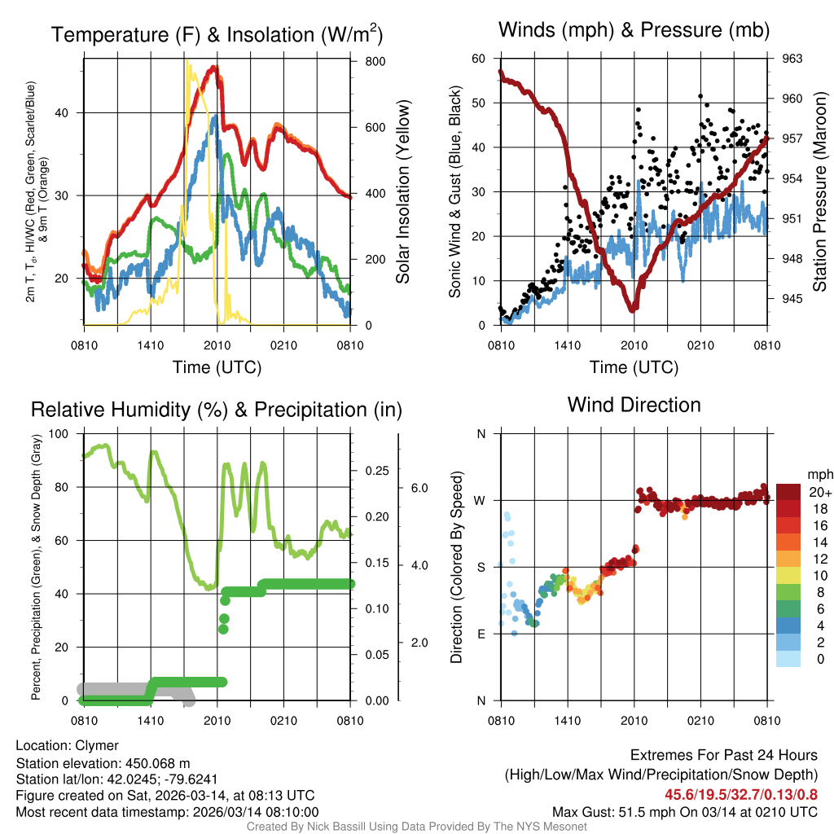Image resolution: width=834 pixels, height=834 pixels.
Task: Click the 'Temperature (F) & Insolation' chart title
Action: pyautogui.click(x=217, y=34)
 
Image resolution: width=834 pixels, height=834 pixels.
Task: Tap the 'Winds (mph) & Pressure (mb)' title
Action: pyautogui.click(x=634, y=30)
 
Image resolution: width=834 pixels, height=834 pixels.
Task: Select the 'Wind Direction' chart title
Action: pyautogui.click(x=634, y=404)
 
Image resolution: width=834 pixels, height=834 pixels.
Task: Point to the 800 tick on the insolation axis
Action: pyautogui.click(x=370, y=62)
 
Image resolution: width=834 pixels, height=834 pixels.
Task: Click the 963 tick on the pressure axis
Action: pyautogui.click(x=792, y=59)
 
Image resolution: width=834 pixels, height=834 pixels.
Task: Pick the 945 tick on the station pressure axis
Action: pyautogui.click(x=792, y=298)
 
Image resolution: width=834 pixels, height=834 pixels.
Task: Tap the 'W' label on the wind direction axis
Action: pyautogui.click(x=481, y=500)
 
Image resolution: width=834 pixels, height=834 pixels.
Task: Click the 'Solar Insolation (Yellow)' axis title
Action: pyautogui.click(x=402, y=192)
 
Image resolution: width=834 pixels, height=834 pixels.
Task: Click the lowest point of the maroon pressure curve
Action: pyautogui.click(x=632, y=309)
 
